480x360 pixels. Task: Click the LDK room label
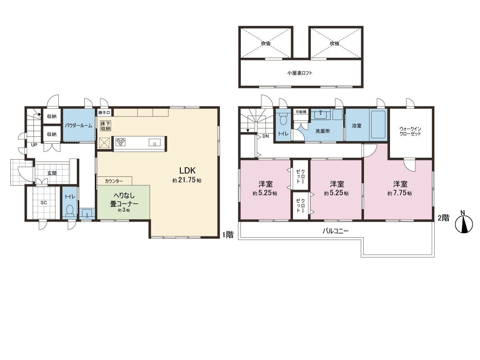188,170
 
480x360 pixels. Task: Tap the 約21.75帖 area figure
187,180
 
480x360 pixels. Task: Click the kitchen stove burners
120,142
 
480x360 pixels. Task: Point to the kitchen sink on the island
155,142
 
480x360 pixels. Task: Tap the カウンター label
114,181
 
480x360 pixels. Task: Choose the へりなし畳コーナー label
124,200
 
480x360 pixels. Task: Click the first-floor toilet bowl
70,210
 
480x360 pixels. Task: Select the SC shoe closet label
44,203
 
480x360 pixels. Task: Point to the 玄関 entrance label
52,173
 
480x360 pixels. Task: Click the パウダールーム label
78,126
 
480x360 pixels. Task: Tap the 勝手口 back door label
104,112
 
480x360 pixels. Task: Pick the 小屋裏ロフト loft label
300,73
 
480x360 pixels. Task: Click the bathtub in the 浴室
378,124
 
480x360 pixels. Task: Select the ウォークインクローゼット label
410,131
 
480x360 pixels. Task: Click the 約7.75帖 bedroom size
400,193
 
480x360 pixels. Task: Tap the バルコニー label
336,231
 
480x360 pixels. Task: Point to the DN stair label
266,136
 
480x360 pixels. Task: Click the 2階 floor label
444,218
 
